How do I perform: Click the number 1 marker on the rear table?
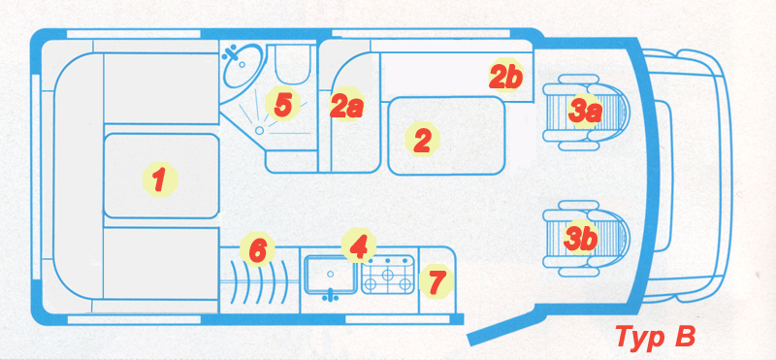[159, 180]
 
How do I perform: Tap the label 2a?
[347, 106]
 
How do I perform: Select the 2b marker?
[506, 77]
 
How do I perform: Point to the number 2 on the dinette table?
[422, 141]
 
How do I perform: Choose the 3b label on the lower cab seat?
[580, 238]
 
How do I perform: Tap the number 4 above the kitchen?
[358, 245]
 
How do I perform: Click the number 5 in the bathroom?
[282, 105]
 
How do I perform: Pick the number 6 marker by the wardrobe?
[258, 250]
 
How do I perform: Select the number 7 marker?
[436, 280]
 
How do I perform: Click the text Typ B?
[656, 337]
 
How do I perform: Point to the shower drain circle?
[259, 130]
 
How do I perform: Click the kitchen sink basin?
[330, 274]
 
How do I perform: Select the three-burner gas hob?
[388, 274]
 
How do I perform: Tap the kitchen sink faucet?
[330, 296]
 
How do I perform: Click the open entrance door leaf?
[501, 324]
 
